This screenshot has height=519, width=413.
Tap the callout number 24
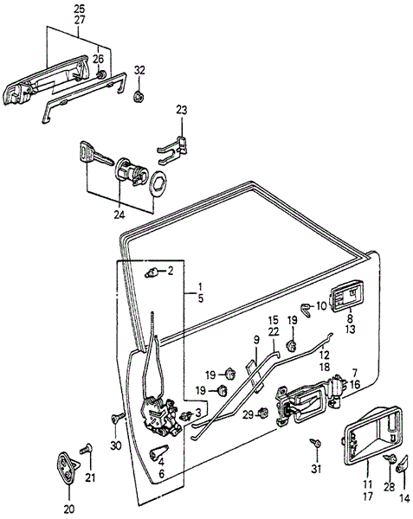tap(119, 215)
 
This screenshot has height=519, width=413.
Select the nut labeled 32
tap(139, 96)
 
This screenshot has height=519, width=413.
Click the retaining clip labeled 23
tap(172, 150)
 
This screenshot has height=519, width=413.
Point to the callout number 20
tap(69, 509)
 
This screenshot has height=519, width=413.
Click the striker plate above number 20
tap(68, 466)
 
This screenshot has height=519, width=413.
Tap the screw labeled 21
tap(86, 449)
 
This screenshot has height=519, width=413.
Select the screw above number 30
tap(117, 418)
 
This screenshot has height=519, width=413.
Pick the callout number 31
tap(316, 469)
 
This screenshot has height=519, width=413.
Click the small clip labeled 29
tap(263, 413)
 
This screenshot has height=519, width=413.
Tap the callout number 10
tap(321, 305)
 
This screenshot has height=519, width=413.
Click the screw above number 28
tap(390, 458)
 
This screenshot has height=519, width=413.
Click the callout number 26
tap(98, 59)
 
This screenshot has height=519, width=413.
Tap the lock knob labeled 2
tap(152, 273)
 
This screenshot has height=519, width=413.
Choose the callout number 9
tap(256, 340)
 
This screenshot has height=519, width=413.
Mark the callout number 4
tap(161, 461)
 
